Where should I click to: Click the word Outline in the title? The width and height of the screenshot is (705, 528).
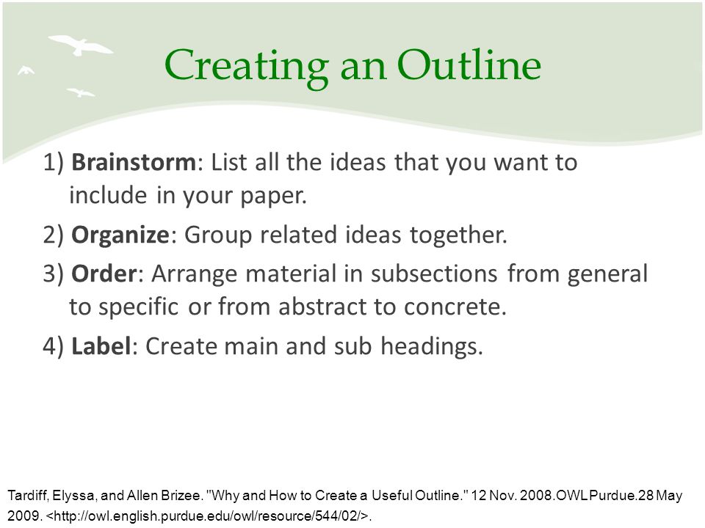coord(469,65)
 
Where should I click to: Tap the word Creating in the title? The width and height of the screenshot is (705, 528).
coord(247,67)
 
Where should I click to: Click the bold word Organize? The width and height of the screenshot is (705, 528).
coord(120,235)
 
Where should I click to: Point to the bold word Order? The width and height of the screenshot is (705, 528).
coord(104,274)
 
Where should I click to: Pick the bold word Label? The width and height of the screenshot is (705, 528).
coord(101,345)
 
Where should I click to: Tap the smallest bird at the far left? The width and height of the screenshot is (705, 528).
coord(26,70)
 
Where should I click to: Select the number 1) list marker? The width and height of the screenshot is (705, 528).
coord(54,163)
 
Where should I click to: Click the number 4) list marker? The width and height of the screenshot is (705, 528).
coord(54,347)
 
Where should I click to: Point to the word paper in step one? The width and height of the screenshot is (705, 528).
coord(273,197)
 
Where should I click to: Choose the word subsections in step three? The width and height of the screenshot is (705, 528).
coord(434,274)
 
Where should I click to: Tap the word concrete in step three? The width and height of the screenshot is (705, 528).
coord(455,307)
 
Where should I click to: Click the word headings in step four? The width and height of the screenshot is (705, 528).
coord(432,347)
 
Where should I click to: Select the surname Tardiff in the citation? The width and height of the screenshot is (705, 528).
coord(28,496)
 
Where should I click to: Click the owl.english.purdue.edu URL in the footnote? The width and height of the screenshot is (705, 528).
coord(207,516)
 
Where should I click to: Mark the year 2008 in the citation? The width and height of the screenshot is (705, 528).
coord(539,496)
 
